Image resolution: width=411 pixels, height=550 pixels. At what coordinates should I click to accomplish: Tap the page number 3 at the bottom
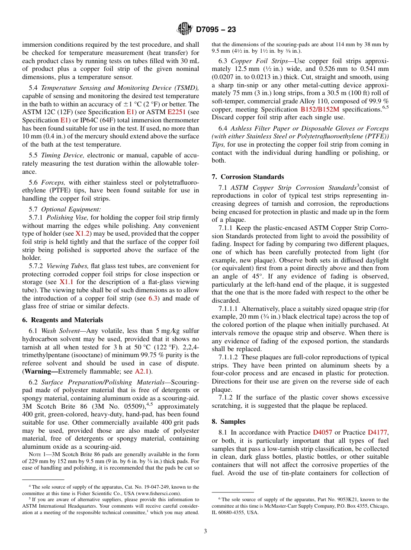[205, 531]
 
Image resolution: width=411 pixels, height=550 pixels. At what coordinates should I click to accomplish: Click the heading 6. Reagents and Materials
[63, 320]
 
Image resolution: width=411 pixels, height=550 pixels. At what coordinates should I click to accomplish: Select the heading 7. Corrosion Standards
[248, 176]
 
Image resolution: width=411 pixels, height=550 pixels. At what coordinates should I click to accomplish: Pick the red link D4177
[377, 432]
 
